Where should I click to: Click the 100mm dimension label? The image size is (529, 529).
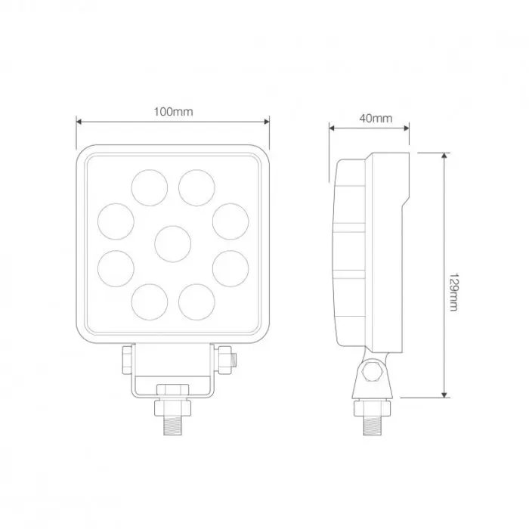(x=173, y=112)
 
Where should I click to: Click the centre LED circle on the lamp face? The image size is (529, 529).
(x=173, y=243)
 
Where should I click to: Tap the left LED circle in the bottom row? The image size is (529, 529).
(x=150, y=300)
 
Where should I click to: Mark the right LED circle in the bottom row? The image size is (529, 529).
(x=196, y=300)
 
